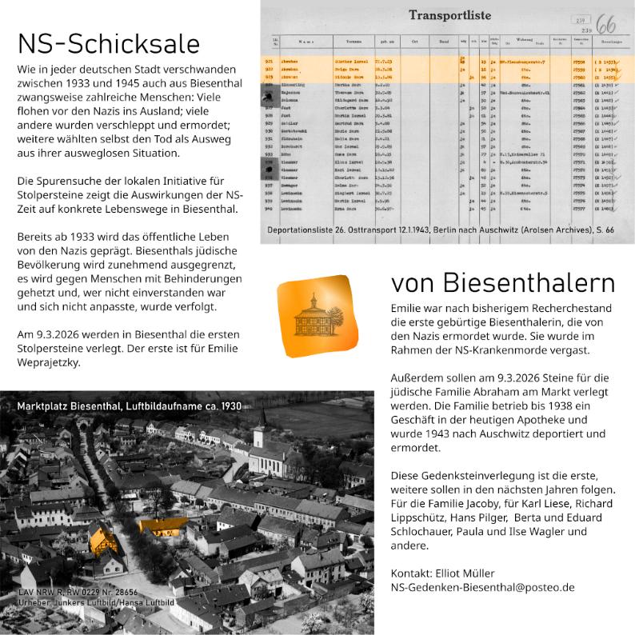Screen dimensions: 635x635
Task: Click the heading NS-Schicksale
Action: pyautogui.click(x=109, y=44)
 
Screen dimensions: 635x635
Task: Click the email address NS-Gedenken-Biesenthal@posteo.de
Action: pyautogui.click(x=482, y=587)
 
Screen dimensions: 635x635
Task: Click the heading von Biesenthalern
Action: pyautogui.click(x=503, y=283)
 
